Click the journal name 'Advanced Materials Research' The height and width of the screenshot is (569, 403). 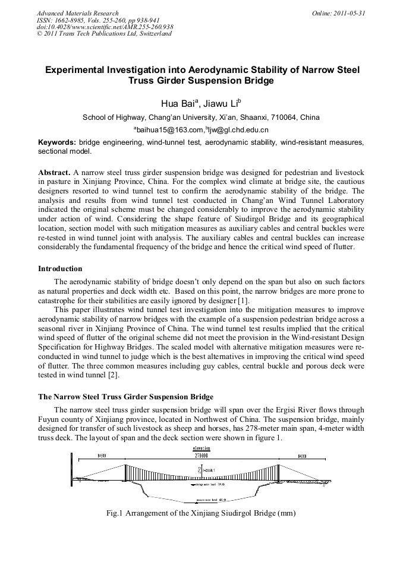pos(77,13)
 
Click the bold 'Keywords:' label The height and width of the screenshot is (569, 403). pos(56,143)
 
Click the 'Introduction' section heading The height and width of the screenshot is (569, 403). pos(60,269)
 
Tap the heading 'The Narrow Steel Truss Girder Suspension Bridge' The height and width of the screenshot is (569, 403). pos(125,396)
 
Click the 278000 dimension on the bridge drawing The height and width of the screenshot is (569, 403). pos(201,456)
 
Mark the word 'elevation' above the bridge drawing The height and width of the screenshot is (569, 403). pos(201,450)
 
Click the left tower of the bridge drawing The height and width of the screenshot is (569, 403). pos(125,472)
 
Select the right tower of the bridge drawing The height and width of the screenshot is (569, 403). pos(278,472)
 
